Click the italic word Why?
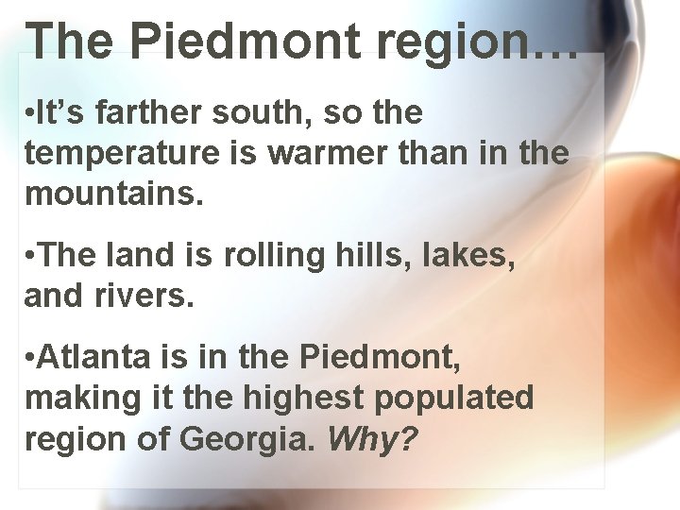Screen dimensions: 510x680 [371, 438]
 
